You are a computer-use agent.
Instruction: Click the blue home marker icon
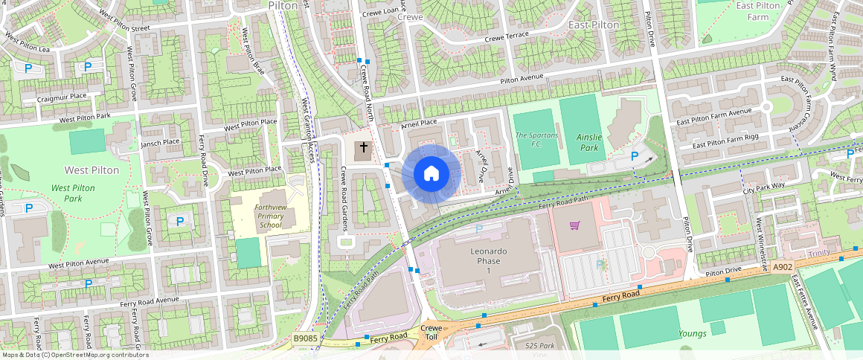tap(431, 174)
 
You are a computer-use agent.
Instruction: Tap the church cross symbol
tap(363, 149)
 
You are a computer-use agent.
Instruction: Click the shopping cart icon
tap(574, 225)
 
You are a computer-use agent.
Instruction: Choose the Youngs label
tap(693, 333)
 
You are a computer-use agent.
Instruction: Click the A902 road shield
tap(783, 267)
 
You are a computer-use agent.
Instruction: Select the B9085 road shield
tap(305, 338)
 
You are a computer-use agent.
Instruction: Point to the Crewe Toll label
tap(431, 332)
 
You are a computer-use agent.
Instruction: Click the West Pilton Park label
tap(74, 193)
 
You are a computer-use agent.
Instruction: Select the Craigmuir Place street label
tap(64, 96)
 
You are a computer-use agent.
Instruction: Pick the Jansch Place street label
tap(160, 141)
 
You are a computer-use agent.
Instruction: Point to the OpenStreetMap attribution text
tap(74, 355)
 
